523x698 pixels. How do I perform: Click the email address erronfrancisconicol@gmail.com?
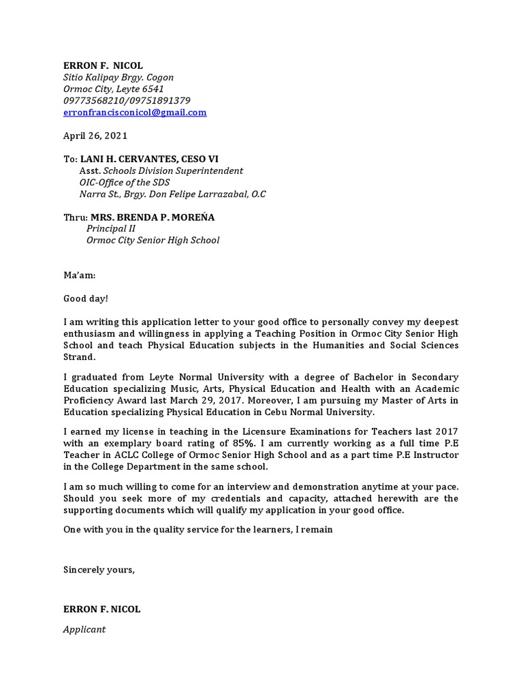point(135,112)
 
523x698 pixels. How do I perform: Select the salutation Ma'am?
point(80,276)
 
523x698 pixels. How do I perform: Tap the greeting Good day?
point(86,299)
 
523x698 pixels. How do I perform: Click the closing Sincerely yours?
point(99,570)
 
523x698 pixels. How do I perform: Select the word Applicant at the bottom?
point(84,629)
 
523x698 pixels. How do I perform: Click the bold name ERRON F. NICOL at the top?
point(103,65)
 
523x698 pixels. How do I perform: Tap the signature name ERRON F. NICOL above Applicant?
point(101,609)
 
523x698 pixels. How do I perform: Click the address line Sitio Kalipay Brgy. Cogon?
point(118,78)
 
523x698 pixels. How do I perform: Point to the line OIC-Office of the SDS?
point(125,183)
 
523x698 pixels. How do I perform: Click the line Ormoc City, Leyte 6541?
point(114,89)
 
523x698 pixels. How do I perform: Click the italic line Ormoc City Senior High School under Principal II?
point(153,241)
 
